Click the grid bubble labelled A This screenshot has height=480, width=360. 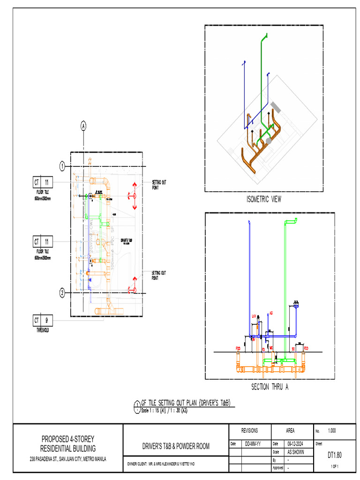click(83, 126)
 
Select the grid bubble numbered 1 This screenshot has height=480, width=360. click(62, 166)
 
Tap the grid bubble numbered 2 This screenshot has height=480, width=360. click(62, 293)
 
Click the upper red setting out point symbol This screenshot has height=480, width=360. click(135, 195)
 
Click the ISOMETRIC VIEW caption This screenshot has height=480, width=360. click(264, 199)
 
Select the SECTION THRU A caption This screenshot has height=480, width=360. click(267, 387)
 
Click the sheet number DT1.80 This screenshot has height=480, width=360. click(335, 455)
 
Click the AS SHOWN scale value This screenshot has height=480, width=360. click(295, 452)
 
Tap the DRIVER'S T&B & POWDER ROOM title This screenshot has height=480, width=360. click(175, 446)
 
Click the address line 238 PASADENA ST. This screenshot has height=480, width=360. click(68, 459)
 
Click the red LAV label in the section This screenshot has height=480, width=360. click(254, 316)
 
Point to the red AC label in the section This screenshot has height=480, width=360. click(271, 313)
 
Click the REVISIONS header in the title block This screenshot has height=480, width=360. click(249, 430)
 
